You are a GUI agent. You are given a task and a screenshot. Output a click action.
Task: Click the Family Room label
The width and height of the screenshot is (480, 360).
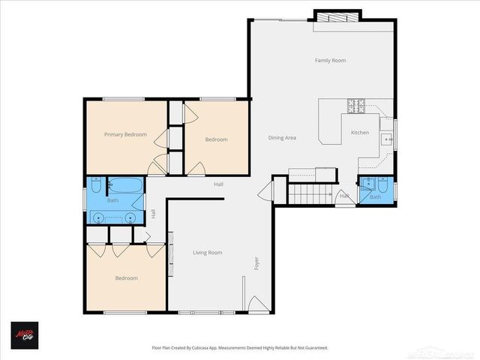point(330,60)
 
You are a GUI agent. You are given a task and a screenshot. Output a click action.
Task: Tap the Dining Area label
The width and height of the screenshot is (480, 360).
point(283,138)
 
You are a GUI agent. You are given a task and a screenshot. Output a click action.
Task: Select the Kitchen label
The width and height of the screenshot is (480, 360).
point(360,133)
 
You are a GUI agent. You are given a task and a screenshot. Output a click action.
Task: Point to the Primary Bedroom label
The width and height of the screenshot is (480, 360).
point(124,134)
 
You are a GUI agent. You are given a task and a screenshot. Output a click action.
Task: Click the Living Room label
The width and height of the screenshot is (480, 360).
point(207,253)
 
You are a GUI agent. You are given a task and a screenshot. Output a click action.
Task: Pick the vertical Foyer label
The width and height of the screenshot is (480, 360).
point(256,264)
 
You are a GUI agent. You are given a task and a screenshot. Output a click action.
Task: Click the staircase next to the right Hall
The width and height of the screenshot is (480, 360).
point(310,194)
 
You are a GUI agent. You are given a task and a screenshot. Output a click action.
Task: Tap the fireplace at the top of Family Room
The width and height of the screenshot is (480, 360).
point(337,16)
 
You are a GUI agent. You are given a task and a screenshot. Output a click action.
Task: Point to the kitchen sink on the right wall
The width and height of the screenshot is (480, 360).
point(387,139)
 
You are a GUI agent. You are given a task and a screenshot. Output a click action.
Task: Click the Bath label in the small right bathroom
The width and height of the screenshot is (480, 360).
point(375,196)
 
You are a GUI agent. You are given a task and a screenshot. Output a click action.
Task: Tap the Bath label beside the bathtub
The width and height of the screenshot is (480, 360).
point(112,200)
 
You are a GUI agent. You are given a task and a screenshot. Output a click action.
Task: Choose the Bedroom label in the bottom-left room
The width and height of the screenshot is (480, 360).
point(126,278)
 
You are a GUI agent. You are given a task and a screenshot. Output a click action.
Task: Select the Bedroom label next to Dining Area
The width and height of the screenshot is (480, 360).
point(216,139)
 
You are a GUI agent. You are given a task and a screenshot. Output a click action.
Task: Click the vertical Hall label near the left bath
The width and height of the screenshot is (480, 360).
point(154,214)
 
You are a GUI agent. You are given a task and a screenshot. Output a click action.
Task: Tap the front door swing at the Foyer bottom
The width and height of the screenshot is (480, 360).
point(256,304)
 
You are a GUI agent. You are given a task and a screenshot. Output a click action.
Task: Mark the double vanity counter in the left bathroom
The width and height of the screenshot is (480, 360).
point(112,217)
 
